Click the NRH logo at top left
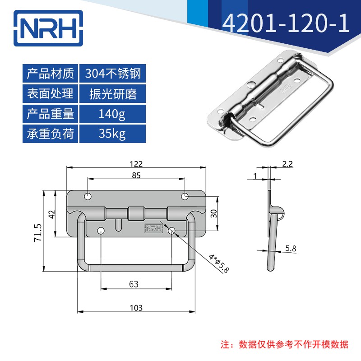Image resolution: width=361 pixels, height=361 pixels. [x=48, y=28]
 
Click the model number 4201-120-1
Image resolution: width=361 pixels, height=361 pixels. [x=286, y=23]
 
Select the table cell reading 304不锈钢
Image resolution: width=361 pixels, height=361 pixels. [x=112, y=74]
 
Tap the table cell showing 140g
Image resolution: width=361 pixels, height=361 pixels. [x=112, y=114]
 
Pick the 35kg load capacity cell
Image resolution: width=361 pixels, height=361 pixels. [x=112, y=134]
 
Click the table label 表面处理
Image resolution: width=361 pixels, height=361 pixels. [x=50, y=94]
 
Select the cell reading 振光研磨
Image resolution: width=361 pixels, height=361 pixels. [x=112, y=94]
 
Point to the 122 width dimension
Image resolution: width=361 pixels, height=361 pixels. [x=136, y=164]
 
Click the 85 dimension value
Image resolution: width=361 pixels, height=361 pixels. [x=136, y=176]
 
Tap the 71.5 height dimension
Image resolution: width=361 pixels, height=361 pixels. [x=38, y=232]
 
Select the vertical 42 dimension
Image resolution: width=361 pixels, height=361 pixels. [x=52, y=214]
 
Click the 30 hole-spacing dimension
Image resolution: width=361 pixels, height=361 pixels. [x=213, y=213]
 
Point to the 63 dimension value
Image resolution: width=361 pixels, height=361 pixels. [x=134, y=284]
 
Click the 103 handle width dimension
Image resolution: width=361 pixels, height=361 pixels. [x=136, y=308]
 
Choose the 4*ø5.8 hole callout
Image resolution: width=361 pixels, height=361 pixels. [x=219, y=264]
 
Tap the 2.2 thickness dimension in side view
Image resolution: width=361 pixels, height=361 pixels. [x=287, y=164]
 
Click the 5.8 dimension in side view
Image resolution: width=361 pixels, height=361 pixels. [x=291, y=248]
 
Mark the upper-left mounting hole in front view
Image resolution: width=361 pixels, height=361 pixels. [x=88, y=197]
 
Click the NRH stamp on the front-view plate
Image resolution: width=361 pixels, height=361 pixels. [x=153, y=228]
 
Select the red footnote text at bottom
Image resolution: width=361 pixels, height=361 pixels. [x=285, y=345]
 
